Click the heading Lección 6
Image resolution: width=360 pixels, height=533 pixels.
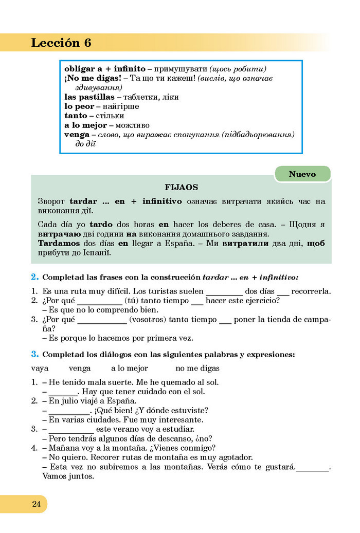tap(61, 43)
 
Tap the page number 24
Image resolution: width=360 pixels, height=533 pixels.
tap(36, 504)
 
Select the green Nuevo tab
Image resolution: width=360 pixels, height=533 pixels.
tap(302, 174)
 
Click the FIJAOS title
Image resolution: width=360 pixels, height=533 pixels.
tap(181, 188)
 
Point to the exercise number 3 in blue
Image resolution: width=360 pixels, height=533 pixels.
tap(34, 354)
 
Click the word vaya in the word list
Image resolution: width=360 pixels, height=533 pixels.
tap(40, 368)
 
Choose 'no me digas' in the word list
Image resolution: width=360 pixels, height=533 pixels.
tap(197, 368)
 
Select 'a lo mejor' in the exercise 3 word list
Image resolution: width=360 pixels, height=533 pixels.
tap(129, 368)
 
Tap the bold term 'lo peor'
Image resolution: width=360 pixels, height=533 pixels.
tap(79, 106)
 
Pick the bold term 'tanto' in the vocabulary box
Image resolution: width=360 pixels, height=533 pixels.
tap(76, 116)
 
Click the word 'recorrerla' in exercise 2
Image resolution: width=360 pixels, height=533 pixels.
tap(312, 291)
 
